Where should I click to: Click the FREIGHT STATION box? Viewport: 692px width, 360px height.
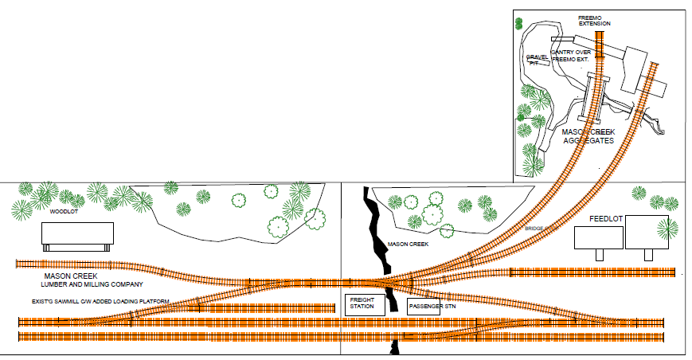point(365,304)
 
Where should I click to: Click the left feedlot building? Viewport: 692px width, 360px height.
point(597,237)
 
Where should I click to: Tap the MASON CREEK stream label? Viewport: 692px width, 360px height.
point(409,245)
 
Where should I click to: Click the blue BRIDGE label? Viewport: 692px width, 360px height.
point(534,229)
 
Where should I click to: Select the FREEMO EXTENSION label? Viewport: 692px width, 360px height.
point(593,20)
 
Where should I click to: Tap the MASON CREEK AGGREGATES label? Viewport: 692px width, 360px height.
point(588,135)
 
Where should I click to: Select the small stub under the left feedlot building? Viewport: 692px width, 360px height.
point(599,255)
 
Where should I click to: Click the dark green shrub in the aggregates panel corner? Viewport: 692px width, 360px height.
point(518,24)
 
